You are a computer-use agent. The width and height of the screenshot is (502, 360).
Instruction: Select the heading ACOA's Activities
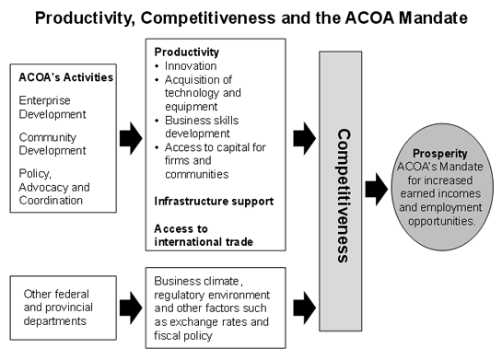coord(65,76)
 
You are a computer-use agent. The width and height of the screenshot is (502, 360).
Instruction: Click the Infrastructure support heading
coord(214,201)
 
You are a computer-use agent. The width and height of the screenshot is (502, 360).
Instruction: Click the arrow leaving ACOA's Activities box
coord(131,140)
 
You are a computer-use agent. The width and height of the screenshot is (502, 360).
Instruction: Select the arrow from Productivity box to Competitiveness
coord(304,140)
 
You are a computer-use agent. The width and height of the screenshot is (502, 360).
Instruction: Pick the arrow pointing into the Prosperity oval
coord(376,190)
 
